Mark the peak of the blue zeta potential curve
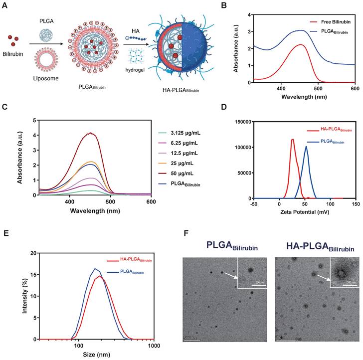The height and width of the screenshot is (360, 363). (306, 147)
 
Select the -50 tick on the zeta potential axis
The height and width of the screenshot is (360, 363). (254, 204)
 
